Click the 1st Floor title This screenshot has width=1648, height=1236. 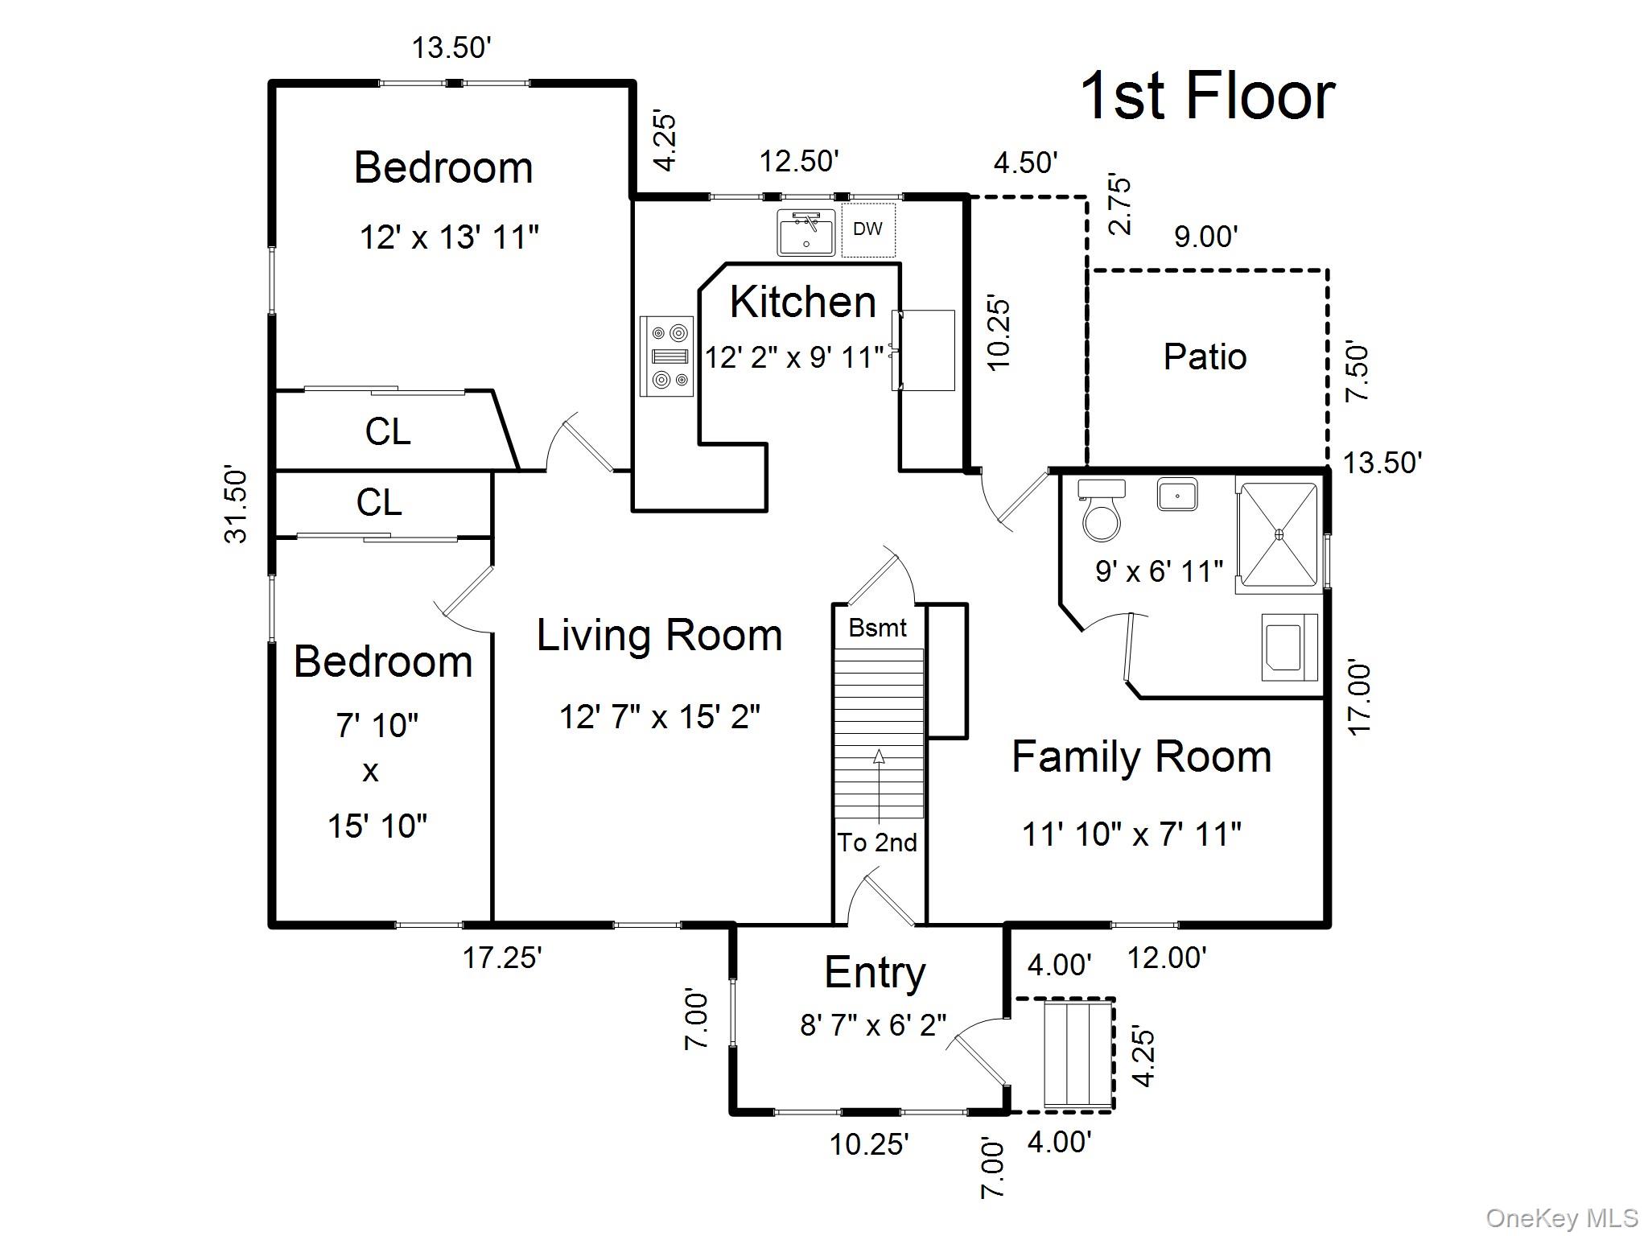pos(1206,97)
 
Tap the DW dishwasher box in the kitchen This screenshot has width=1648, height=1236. pos(867,229)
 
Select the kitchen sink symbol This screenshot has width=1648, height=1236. pos(805,233)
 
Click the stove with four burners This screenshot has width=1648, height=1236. pos(666,356)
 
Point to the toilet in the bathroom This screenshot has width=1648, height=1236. pos(1101,513)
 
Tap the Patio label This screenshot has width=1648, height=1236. pos(1205,356)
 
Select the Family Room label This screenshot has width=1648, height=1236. pos(1141,757)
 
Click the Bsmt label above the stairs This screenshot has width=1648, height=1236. pos(877,628)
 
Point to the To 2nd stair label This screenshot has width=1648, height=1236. pos(877,843)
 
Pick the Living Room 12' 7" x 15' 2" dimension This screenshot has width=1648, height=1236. pos(660,716)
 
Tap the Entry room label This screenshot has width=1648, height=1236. pos(875,973)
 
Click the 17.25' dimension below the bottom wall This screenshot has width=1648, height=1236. pos(502,958)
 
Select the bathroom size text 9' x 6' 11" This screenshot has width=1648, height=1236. pos(1159,571)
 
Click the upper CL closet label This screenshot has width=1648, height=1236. pos(387,431)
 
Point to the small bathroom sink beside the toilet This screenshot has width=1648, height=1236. pos(1177,494)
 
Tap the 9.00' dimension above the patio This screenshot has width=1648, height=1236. pos(1205,237)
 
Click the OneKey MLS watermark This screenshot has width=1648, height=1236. pos(1561,1217)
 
